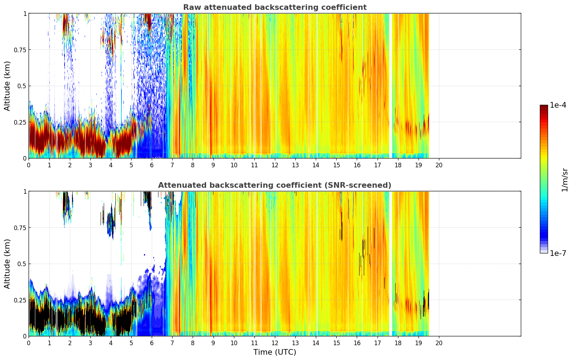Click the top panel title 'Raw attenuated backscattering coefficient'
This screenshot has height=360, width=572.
[x=275, y=7]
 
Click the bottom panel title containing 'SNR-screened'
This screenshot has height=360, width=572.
[x=275, y=185]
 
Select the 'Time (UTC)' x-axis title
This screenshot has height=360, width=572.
[x=275, y=352]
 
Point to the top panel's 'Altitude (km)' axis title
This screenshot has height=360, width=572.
[x=7, y=86]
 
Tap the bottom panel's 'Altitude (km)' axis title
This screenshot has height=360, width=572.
[x=7, y=264]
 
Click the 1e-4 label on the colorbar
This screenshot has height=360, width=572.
[x=558, y=105]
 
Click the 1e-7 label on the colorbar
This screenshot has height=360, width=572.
[x=558, y=253]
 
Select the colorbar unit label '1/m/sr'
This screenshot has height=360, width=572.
[x=565, y=180]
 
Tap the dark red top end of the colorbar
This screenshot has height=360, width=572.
[x=544, y=107]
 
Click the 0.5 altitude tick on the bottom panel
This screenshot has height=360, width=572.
[x=22, y=264]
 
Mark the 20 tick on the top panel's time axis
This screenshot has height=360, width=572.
[x=439, y=165]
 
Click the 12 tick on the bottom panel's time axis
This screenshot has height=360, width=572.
[x=275, y=343]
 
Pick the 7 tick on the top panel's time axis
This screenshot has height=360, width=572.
[x=172, y=165]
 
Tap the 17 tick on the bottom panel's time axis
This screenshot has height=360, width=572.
[x=378, y=343]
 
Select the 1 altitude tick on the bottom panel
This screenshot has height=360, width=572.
[x=25, y=192]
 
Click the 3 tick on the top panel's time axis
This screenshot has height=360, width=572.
[x=90, y=165]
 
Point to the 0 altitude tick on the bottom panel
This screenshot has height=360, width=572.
[x=25, y=336]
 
